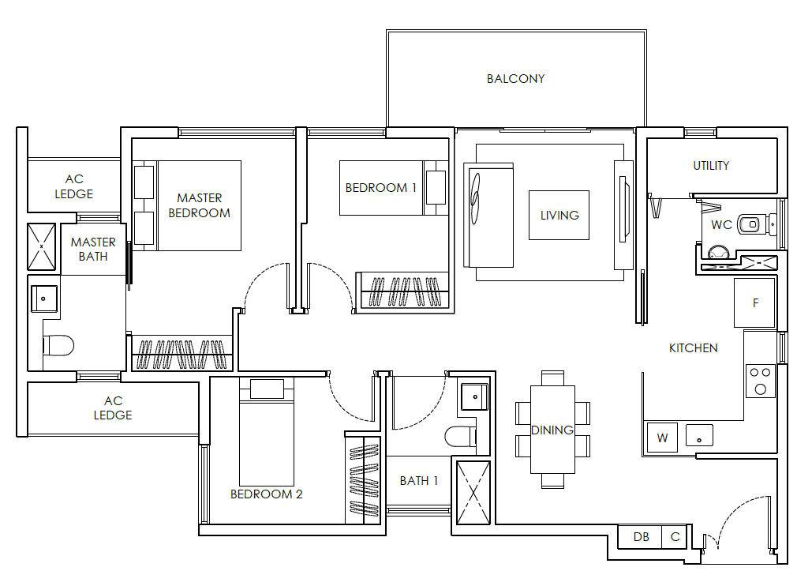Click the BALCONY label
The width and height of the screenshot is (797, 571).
[515, 79]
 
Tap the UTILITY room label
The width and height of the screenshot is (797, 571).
[710, 165]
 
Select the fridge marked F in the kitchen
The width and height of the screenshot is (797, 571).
[754, 302]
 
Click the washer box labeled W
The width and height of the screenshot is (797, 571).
[662, 438]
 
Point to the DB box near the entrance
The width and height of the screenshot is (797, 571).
[641, 536]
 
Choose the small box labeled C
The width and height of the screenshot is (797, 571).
[675, 536]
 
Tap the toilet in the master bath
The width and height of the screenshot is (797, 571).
[58, 345]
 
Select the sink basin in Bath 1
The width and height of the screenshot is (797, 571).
[474, 396]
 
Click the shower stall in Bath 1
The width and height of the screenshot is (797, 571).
[473, 492]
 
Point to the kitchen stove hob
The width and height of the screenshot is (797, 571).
[761, 381]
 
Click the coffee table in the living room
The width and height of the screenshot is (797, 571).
[559, 215]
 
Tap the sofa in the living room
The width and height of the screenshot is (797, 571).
[488, 215]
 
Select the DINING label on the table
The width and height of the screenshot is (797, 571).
[552, 430]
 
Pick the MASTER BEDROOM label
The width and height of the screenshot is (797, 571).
[199, 205]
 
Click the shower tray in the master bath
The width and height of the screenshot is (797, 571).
[41, 246]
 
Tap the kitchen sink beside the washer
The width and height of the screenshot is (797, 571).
[699, 436]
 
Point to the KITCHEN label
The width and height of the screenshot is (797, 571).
[694, 348]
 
